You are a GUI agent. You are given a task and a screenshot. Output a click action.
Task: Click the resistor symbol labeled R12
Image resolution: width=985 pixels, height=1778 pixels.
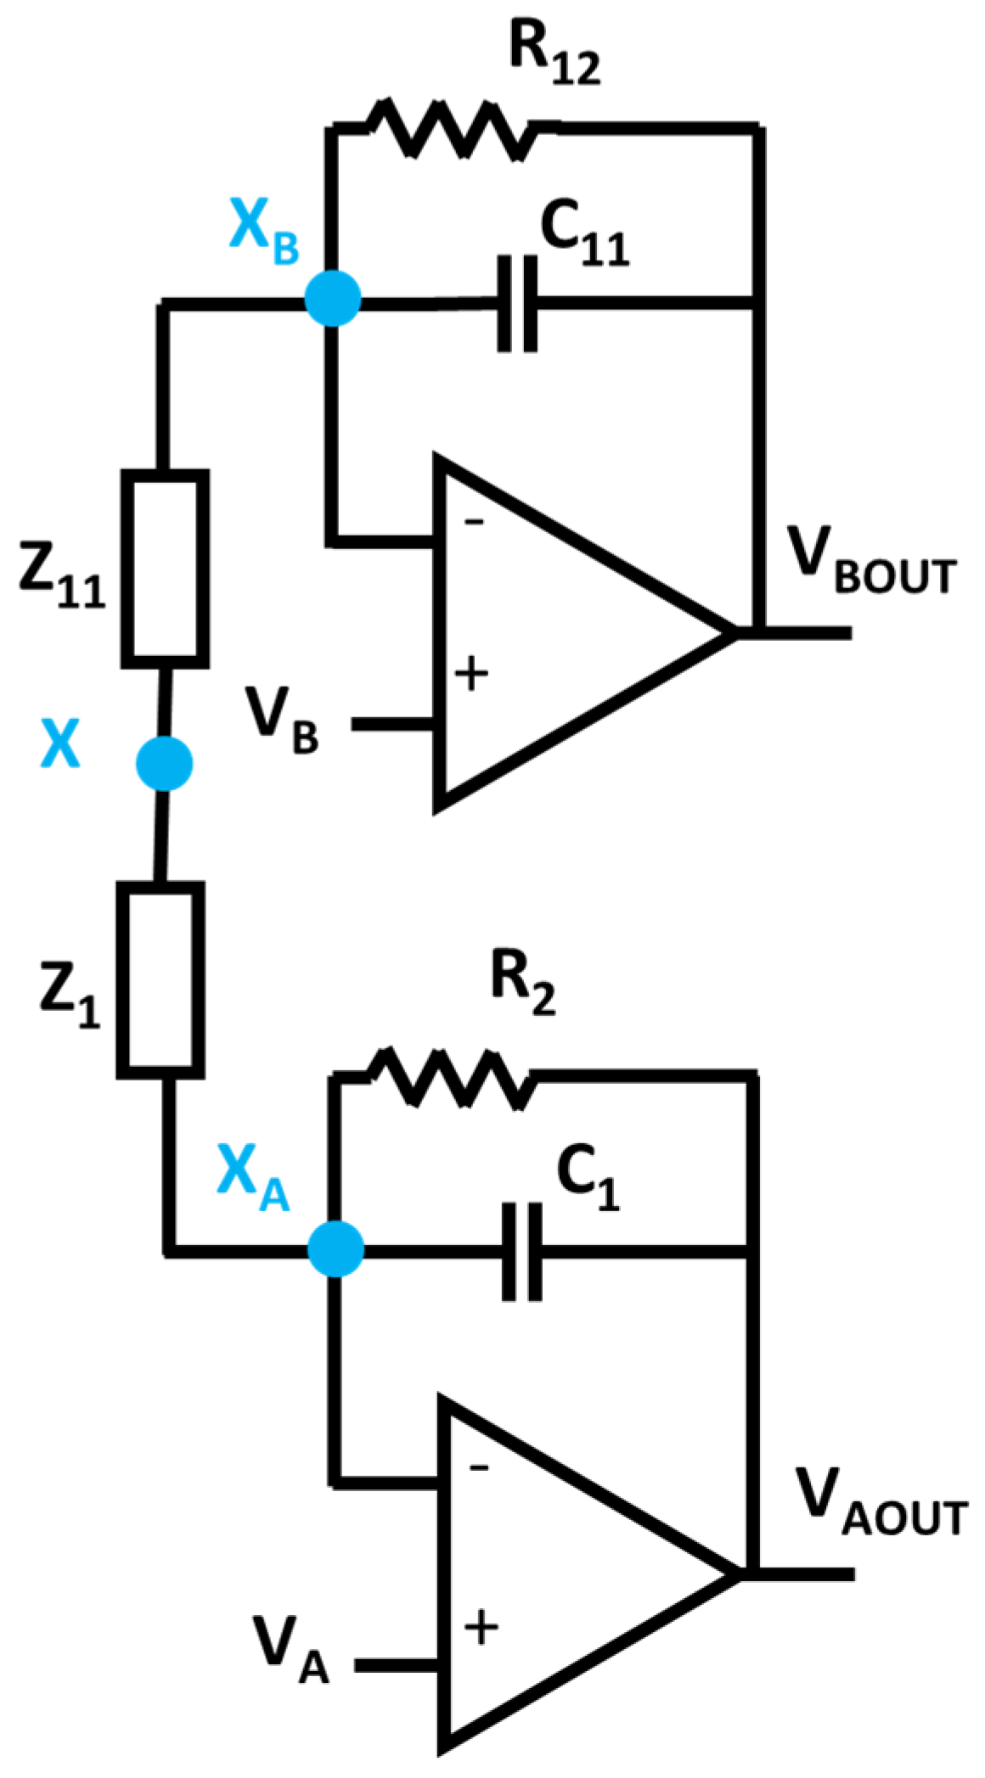click(450, 129)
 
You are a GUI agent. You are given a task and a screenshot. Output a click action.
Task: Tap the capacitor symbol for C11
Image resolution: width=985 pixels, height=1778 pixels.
click(517, 303)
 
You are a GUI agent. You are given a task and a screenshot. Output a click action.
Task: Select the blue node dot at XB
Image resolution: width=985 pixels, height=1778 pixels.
click(333, 298)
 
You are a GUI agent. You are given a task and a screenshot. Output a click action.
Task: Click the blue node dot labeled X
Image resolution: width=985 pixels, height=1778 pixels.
click(165, 764)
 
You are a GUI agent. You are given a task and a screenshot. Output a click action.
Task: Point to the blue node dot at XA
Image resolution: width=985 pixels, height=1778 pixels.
click(335, 1248)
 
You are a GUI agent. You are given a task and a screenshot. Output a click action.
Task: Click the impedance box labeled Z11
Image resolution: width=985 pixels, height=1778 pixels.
click(166, 568)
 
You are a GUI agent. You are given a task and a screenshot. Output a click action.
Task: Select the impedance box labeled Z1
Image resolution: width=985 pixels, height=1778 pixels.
click(160, 980)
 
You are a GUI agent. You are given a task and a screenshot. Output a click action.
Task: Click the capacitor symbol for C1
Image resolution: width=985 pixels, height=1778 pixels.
click(521, 1252)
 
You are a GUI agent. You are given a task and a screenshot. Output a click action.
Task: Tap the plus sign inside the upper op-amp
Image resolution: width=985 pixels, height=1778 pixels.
click(472, 675)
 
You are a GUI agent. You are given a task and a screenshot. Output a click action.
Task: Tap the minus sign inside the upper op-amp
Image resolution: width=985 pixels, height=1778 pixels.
click(474, 521)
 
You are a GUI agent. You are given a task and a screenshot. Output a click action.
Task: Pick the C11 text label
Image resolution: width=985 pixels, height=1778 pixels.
click(584, 238)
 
